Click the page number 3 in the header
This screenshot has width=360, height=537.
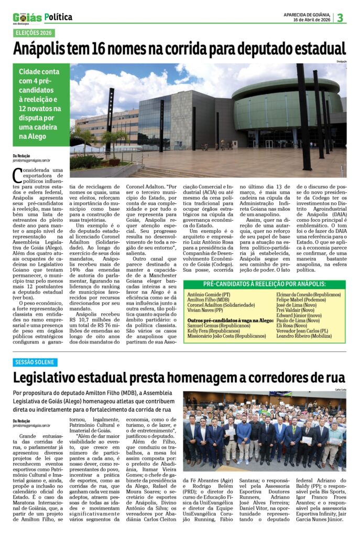coord(340,18)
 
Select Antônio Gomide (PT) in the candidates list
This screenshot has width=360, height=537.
coord(209,295)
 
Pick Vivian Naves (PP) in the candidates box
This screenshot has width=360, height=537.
coord(206,310)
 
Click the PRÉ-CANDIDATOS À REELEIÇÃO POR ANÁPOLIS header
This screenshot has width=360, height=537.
coord(265,284)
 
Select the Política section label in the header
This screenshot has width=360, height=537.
coord(59,17)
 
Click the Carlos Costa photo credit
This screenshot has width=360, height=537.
coord(340,390)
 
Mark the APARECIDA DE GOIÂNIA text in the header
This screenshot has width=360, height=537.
coord(307,14)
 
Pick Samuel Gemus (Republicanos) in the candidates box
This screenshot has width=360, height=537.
coord(211,325)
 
